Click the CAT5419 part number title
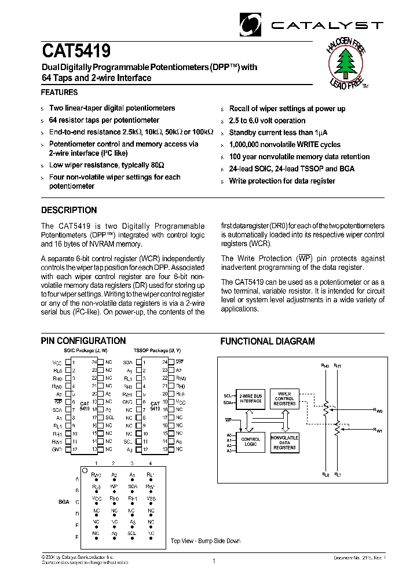click(x=76, y=52)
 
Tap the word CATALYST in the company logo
click(x=327, y=25)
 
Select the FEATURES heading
click(x=59, y=93)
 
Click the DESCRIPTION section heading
click(x=69, y=210)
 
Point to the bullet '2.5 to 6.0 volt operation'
click(x=267, y=120)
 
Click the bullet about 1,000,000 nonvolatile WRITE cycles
click(x=284, y=145)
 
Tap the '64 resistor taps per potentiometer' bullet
click(x=104, y=120)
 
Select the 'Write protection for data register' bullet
click(x=282, y=181)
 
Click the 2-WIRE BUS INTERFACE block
click(x=251, y=398)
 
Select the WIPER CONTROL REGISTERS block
click(x=284, y=398)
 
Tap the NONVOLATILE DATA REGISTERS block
click(x=284, y=442)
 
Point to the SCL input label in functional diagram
click(x=228, y=396)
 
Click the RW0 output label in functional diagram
click(x=378, y=410)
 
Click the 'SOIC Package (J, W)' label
click(x=85, y=351)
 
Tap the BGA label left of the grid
click(x=63, y=502)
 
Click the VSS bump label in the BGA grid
click(x=151, y=498)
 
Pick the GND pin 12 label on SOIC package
click(x=57, y=449)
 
